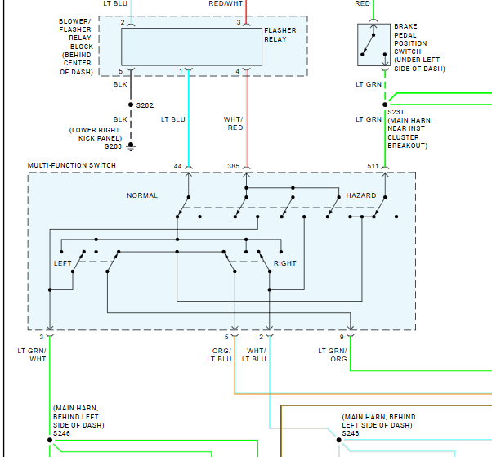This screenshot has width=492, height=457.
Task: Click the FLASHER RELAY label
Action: (280, 35)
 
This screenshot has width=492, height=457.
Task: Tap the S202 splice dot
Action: (131, 105)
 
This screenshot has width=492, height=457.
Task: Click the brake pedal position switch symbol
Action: (372, 44)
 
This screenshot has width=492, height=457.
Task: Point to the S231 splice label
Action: (396, 112)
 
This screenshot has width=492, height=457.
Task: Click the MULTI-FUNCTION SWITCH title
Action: (72, 165)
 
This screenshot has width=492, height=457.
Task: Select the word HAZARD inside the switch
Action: (360, 196)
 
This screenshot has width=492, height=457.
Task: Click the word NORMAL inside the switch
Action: (142, 196)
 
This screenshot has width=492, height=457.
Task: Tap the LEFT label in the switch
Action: (63, 263)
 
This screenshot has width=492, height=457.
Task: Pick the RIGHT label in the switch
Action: (285, 263)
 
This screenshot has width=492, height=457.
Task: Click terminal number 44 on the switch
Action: (177, 166)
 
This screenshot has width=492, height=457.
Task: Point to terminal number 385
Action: (234, 166)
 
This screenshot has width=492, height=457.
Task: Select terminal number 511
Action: (373, 166)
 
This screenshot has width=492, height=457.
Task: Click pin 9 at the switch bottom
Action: (342, 337)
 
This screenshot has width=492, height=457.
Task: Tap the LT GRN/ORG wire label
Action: (333, 355)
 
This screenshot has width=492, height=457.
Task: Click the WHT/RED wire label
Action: (235, 123)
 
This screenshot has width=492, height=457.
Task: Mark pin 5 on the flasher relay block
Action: (119, 71)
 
